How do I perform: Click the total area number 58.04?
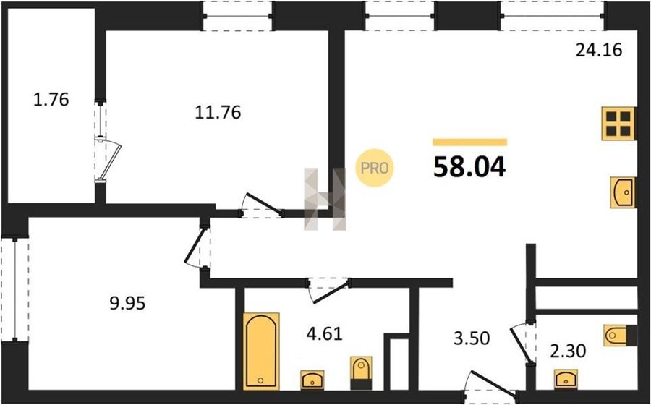coord(469,167)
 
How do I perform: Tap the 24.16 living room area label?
coord(599,50)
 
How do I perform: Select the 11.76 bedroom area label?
coord(218,112)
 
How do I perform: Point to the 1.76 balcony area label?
coord(51,100)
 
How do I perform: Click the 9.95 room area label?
coord(127,303)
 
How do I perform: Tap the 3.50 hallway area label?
coord(472,338)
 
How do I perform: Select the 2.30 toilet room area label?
coord(568,351)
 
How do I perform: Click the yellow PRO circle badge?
coord(375,168)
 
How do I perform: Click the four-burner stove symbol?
coord(618,124)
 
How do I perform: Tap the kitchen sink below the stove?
coord(623,192)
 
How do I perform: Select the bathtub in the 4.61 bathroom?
coord(260,351)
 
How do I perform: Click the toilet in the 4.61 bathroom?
coord(361,372)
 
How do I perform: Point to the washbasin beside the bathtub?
coord(312,380)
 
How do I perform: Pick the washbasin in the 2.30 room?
coord(566,378)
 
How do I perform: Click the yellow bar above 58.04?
coord(469,142)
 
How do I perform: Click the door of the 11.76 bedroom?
coord(263,205)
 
